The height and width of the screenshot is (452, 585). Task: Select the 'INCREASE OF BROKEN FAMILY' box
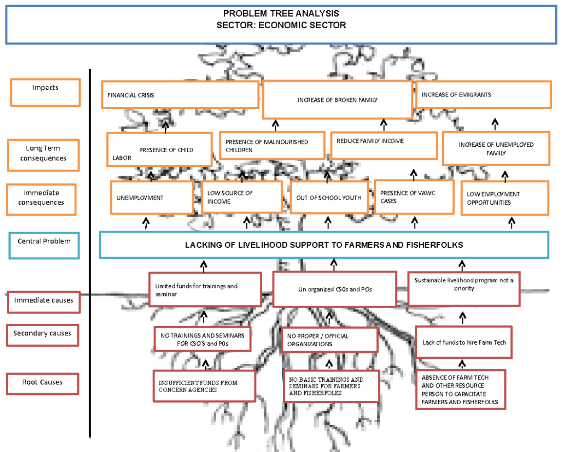pos(337,100)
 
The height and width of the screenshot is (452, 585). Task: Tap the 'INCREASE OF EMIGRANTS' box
pos(483,95)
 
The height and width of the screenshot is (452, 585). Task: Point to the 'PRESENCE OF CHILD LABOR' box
pos(159,150)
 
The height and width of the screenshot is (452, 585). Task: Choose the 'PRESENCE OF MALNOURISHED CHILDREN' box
pos(272,146)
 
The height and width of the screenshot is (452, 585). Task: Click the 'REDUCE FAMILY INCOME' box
pos(384,145)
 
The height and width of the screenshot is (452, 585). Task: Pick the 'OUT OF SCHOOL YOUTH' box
pos(329,197)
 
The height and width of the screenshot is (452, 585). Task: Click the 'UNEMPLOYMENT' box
pos(152,197)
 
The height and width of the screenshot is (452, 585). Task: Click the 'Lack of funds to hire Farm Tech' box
pos(464,342)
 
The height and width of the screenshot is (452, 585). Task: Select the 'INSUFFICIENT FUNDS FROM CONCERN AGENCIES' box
pos(204,386)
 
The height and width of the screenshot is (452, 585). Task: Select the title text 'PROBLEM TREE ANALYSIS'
pos(281,14)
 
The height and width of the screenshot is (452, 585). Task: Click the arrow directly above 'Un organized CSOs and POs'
pos(334,265)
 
